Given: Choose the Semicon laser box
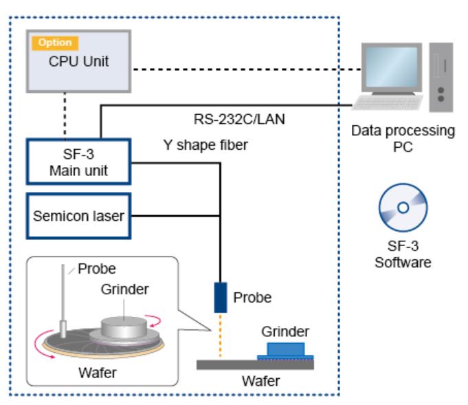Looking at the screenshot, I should [x=78, y=216].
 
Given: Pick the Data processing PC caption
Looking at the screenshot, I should [x=403, y=138].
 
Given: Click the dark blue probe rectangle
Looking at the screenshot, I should [x=220, y=297].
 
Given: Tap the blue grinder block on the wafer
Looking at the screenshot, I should [x=285, y=349].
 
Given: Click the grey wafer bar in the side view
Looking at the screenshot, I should [x=255, y=364].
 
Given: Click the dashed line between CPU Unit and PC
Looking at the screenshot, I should [x=247, y=69].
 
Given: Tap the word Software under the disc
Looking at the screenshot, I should [x=403, y=262].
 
